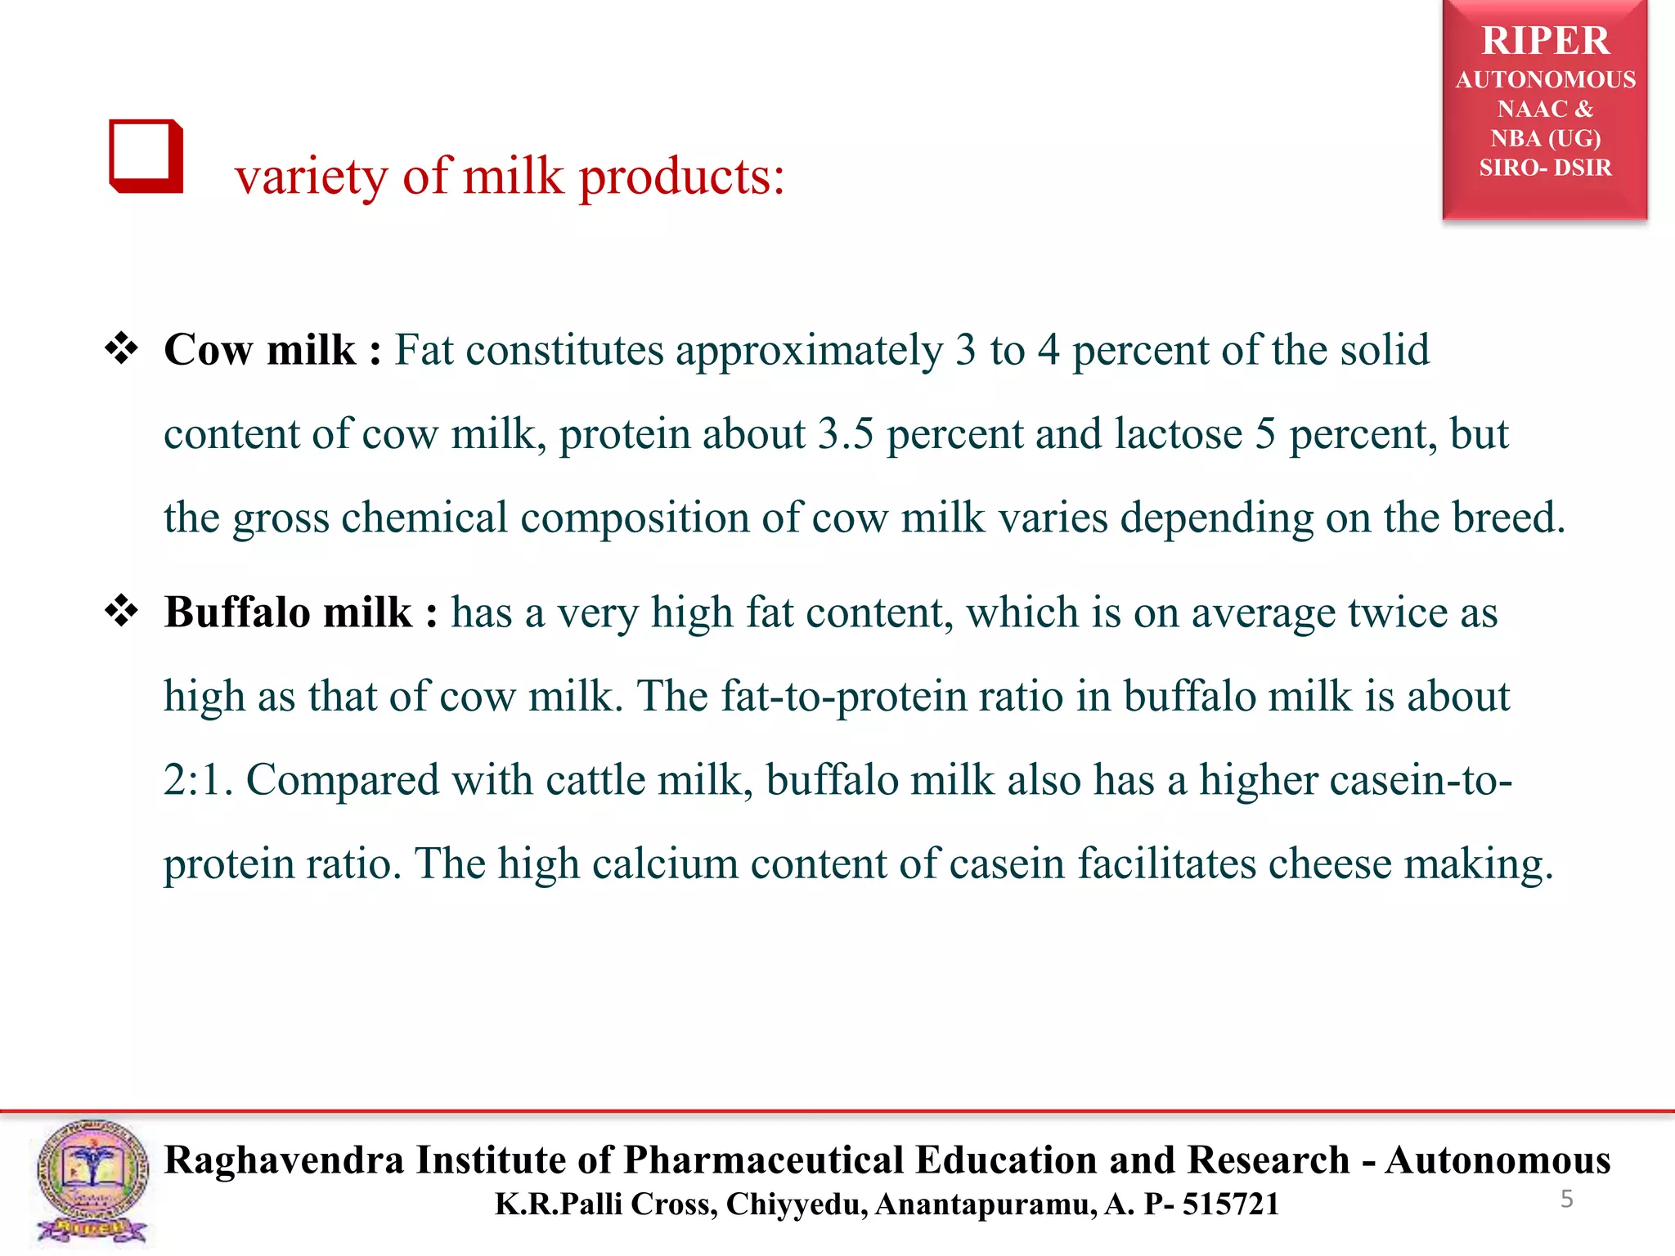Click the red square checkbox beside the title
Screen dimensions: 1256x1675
point(146,156)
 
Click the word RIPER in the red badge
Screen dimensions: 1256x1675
point(1545,41)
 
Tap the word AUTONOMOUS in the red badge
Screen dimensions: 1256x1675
point(1545,80)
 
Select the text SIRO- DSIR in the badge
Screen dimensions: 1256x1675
point(1545,168)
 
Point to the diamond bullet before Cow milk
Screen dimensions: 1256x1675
point(122,349)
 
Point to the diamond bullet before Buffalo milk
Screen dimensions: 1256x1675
point(122,612)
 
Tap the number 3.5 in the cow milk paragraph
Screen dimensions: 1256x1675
point(846,434)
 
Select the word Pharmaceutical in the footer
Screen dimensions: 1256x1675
point(763,1160)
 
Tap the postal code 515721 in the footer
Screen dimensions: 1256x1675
point(1230,1204)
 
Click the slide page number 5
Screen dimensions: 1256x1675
point(1566,1200)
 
